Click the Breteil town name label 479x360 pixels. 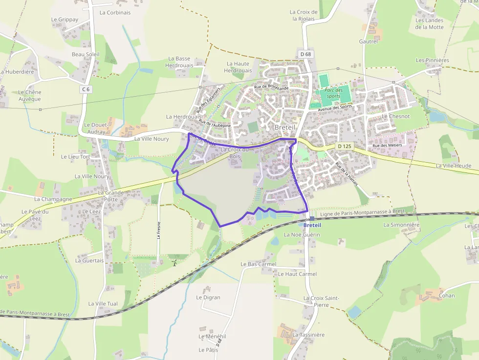coord(284,127)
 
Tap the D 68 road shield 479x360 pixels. coord(306,54)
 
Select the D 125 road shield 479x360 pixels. coord(345,146)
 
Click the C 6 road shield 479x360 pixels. coord(86,89)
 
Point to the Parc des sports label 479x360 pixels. coord(333,93)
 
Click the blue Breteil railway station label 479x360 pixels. coord(312,225)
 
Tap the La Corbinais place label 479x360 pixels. coord(115,13)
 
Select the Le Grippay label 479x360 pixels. coord(65,20)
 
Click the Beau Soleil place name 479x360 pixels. coord(86,54)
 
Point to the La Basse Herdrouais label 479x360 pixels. coord(179,62)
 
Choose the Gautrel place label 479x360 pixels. coord(369,42)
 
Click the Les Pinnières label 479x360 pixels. coord(432,60)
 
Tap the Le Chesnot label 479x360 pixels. coord(396,116)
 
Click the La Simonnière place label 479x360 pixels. coord(402,225)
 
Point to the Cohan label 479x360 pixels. coord(447,296)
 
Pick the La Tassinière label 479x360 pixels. coord(308,335)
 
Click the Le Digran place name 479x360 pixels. coord(208,297)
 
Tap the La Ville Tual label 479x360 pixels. coord(103,303)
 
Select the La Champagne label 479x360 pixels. coord(53,199)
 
